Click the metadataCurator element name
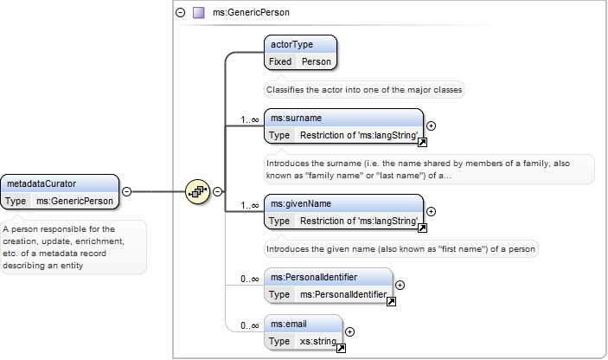pos(42,183)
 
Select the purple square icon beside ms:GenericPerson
pos(199,13)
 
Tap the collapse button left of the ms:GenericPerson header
pos(180,12)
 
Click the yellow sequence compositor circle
pos(198,191)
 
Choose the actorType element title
pos(291,45)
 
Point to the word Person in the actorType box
pos(317,61)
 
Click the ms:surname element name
pos(297,119)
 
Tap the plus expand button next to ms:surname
pos(431,126)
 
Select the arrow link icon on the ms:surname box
pos(422,143)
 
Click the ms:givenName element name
pos(301,204)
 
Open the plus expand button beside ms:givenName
pos(431,212)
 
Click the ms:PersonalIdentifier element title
pos(314,278)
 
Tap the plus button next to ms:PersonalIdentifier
pos(400,286)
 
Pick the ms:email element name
pos(289,325)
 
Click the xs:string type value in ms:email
pos(318,341)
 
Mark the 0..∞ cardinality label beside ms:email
pos(250,326)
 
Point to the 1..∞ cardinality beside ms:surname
pos(250,120)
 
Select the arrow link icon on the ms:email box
pos(341,349)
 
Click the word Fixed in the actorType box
pos(280,61)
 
